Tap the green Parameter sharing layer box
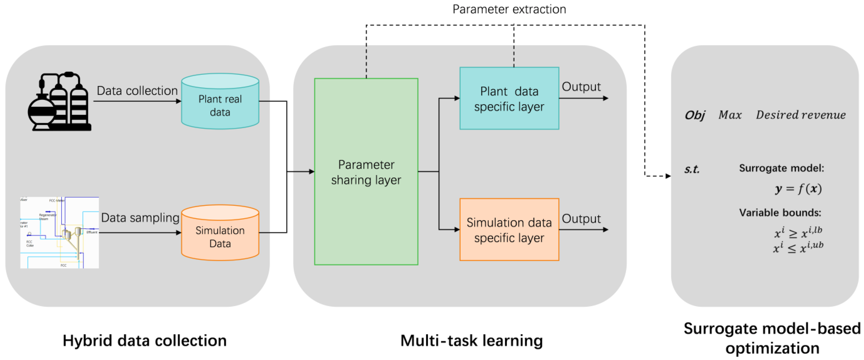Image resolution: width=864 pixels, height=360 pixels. click(x=366, y=172)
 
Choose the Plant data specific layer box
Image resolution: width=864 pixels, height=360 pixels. click(x=509, y=99)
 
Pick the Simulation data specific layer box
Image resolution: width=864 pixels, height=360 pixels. click(x=509, y=230)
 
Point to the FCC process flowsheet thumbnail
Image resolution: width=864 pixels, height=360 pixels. click(x=59, y=232)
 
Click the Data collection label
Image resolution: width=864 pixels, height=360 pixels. click(x=137, y=91)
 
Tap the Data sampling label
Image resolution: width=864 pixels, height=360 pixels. click(x=140, y=218)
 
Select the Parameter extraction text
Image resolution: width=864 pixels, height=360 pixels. click(x=509, y=9)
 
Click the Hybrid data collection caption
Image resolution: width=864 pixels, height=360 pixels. click(x=144, y=341)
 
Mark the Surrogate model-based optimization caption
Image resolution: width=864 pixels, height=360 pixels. click(x=772, y=338)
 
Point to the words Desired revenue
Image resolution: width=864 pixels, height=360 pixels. click(x=801, y=115)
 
